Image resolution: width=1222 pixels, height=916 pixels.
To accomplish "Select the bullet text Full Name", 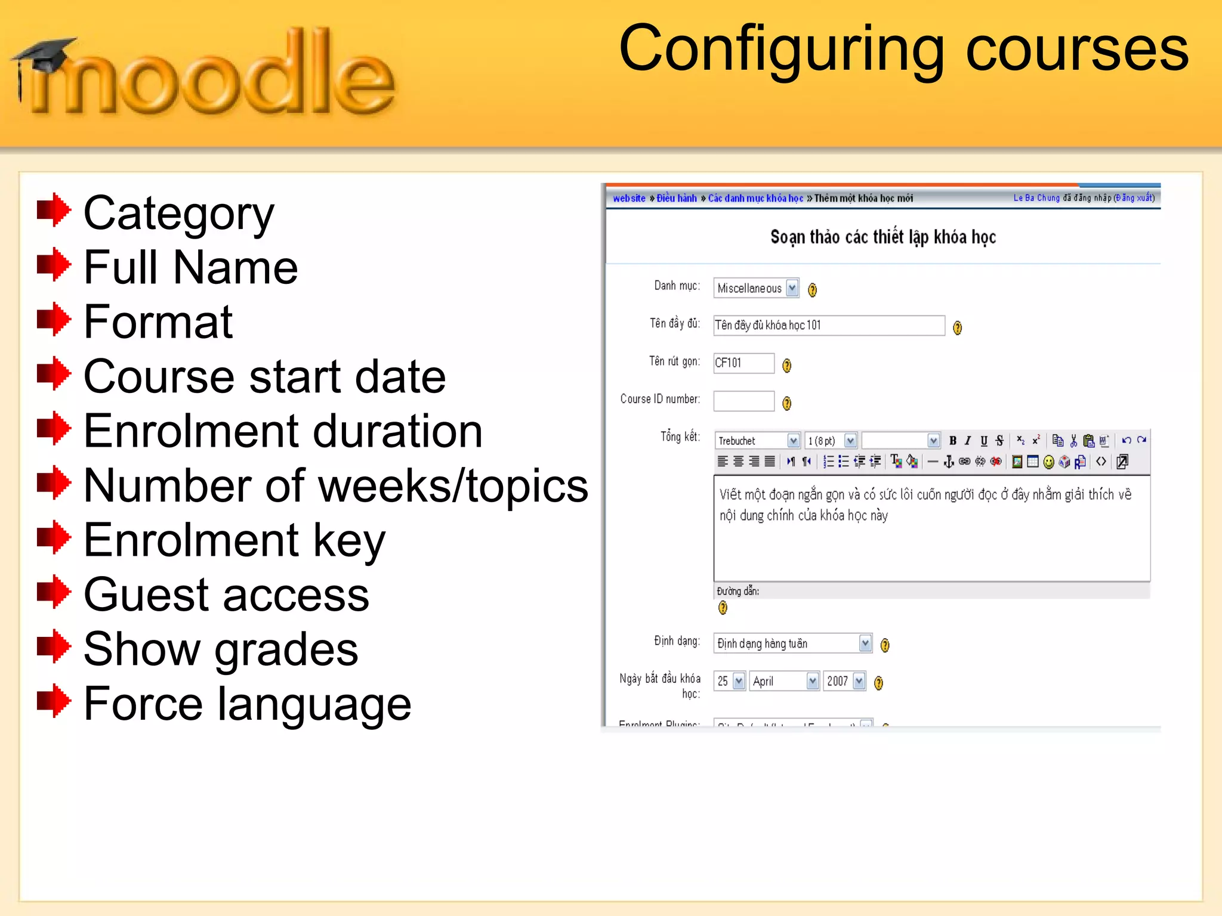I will [x=190, y=267].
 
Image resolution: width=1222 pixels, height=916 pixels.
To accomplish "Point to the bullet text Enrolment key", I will [x=234, y=540].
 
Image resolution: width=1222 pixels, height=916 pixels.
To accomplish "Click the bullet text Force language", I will [x=247, y=704].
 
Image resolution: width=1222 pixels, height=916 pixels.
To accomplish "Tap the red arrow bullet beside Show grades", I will [x=54, y=646].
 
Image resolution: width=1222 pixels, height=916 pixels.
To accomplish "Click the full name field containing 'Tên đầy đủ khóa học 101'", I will [x=829, y=326].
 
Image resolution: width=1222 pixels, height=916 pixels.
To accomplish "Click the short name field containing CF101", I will [x=743, y=363].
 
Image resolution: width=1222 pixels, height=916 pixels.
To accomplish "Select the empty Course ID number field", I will [x=743, y=401].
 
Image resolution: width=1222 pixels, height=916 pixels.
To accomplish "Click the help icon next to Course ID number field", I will [x=787, y=404].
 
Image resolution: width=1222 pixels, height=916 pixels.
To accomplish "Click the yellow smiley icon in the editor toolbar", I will [x=1048, y=462].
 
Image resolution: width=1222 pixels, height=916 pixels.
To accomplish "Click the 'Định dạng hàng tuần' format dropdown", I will [x=792, y=643].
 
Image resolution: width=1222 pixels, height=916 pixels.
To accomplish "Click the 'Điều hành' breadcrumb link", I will [x=677, y=199].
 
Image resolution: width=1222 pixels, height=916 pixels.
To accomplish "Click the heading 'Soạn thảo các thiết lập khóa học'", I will [x=883, y=237].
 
